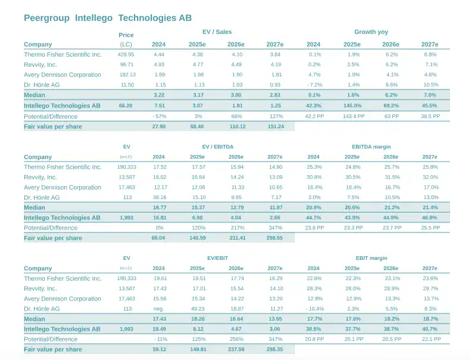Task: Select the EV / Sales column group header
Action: click(217, 32)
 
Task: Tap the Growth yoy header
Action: click(371, 32)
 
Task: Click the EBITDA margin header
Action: click(371, 146)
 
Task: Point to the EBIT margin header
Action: click(371, 258)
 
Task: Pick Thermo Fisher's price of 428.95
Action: click(126, 55)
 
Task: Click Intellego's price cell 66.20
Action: click(126, 105)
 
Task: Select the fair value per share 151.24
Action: click(275, 126)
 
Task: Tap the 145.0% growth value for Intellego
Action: click(353, 105)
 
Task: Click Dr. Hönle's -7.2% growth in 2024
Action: click(314, 85)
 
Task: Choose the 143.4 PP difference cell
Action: click(353, 116)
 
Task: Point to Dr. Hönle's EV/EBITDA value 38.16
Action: click(159, 197)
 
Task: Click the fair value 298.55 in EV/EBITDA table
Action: click(275, 238)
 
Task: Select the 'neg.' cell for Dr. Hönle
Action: click(159, 309)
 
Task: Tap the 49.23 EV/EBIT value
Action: click(198, 309)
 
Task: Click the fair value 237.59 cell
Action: click(236, 349)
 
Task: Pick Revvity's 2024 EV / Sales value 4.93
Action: click(159, 65)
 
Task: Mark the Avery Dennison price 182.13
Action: click(127, 75)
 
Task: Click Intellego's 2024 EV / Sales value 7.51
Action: click(159, 105)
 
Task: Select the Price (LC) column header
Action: click(126, 40)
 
